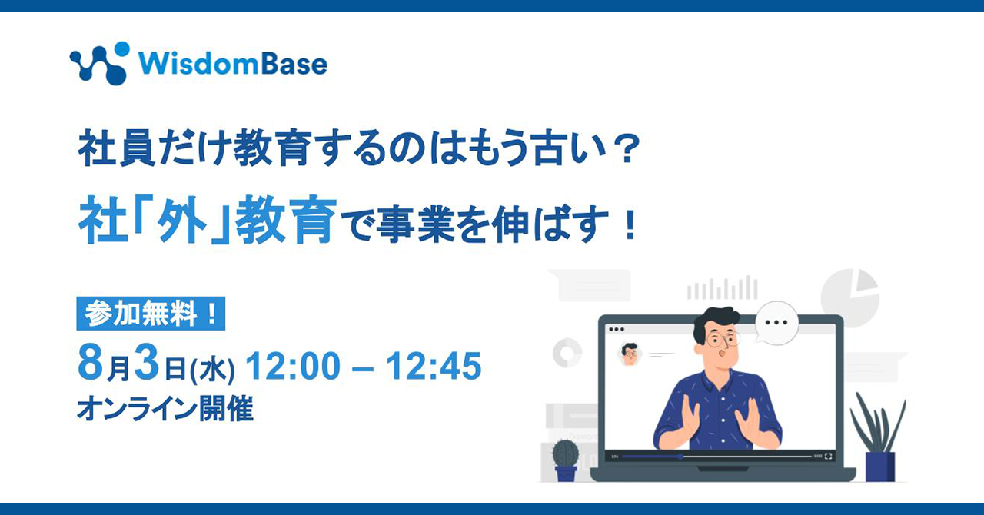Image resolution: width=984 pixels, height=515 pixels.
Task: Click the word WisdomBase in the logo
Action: click(233, 64)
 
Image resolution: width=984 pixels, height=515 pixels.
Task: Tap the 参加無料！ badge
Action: click(151, 314)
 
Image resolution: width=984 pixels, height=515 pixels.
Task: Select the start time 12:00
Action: click(293, 366)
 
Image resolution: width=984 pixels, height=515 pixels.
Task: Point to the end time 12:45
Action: click(434, 366)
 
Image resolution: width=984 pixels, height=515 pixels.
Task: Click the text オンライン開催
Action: click(165, 409)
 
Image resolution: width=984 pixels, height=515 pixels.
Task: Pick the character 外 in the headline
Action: click(183, 219)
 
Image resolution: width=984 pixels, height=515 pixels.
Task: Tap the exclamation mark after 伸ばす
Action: click(630, 224)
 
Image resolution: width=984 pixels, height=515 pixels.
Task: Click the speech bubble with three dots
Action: click(776, 323)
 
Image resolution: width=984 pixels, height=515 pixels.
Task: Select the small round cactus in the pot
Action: click(565, 453)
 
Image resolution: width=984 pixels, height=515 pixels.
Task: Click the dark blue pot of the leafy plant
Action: click(880, 467)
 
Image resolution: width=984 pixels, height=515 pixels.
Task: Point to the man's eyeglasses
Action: click(723, 340)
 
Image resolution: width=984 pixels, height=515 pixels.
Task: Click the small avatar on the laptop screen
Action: click(630, 354)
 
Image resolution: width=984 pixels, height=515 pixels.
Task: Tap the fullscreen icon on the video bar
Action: click(829, 457)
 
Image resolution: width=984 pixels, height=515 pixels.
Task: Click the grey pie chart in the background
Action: click(849, 299)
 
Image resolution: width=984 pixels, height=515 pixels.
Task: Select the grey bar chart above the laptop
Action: click(722, 287)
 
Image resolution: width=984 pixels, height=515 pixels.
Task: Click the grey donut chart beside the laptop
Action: click(567, 352)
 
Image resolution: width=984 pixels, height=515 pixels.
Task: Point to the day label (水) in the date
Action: click(212, 370)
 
